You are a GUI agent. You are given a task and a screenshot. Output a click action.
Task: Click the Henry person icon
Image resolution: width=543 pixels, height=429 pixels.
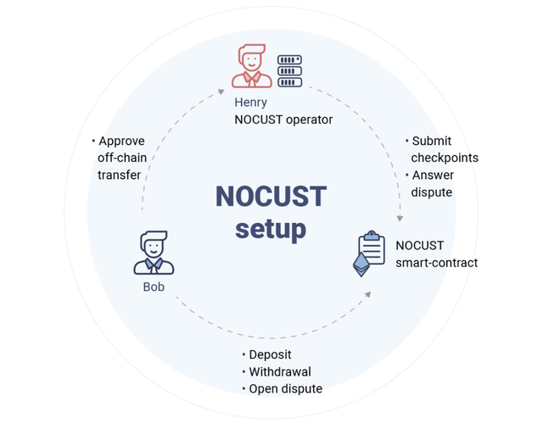coord(252,68)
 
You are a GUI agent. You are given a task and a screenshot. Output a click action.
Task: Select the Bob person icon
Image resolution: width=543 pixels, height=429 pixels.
coord(154,253)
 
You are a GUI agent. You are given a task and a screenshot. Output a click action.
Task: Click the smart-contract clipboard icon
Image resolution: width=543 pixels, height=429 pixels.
coord(371,252)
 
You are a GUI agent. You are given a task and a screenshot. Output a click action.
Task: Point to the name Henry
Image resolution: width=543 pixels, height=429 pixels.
coord(251,103)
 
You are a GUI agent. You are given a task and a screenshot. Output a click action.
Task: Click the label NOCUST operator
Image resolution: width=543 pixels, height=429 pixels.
coord(283,120)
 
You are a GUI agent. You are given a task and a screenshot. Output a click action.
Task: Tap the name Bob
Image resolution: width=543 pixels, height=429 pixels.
coord(154,287)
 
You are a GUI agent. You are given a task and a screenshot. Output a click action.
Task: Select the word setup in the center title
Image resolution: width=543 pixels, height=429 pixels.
coord(270,229)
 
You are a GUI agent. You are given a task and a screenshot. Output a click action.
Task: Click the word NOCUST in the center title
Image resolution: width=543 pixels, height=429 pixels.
coord(270,196)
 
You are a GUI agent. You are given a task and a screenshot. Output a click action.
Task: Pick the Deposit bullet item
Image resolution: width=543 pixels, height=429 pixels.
coord(270,354)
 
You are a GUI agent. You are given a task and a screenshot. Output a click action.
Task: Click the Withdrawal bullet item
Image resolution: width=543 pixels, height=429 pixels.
coord(279,371)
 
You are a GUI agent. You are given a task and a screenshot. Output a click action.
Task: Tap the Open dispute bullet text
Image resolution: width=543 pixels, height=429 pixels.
coord(285,388)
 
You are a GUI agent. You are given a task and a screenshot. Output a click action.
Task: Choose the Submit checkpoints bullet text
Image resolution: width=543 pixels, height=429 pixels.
coord(444,149)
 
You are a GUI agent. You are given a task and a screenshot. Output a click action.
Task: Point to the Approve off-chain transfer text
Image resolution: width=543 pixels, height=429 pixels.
coord(120,158)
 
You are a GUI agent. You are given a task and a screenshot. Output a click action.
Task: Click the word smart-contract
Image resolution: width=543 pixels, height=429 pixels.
coord(436,262)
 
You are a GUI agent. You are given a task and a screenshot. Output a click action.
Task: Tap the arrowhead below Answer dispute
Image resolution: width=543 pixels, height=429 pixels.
coord(398,218)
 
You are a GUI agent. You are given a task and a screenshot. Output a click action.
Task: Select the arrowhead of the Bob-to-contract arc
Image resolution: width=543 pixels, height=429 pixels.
coord(368,293)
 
